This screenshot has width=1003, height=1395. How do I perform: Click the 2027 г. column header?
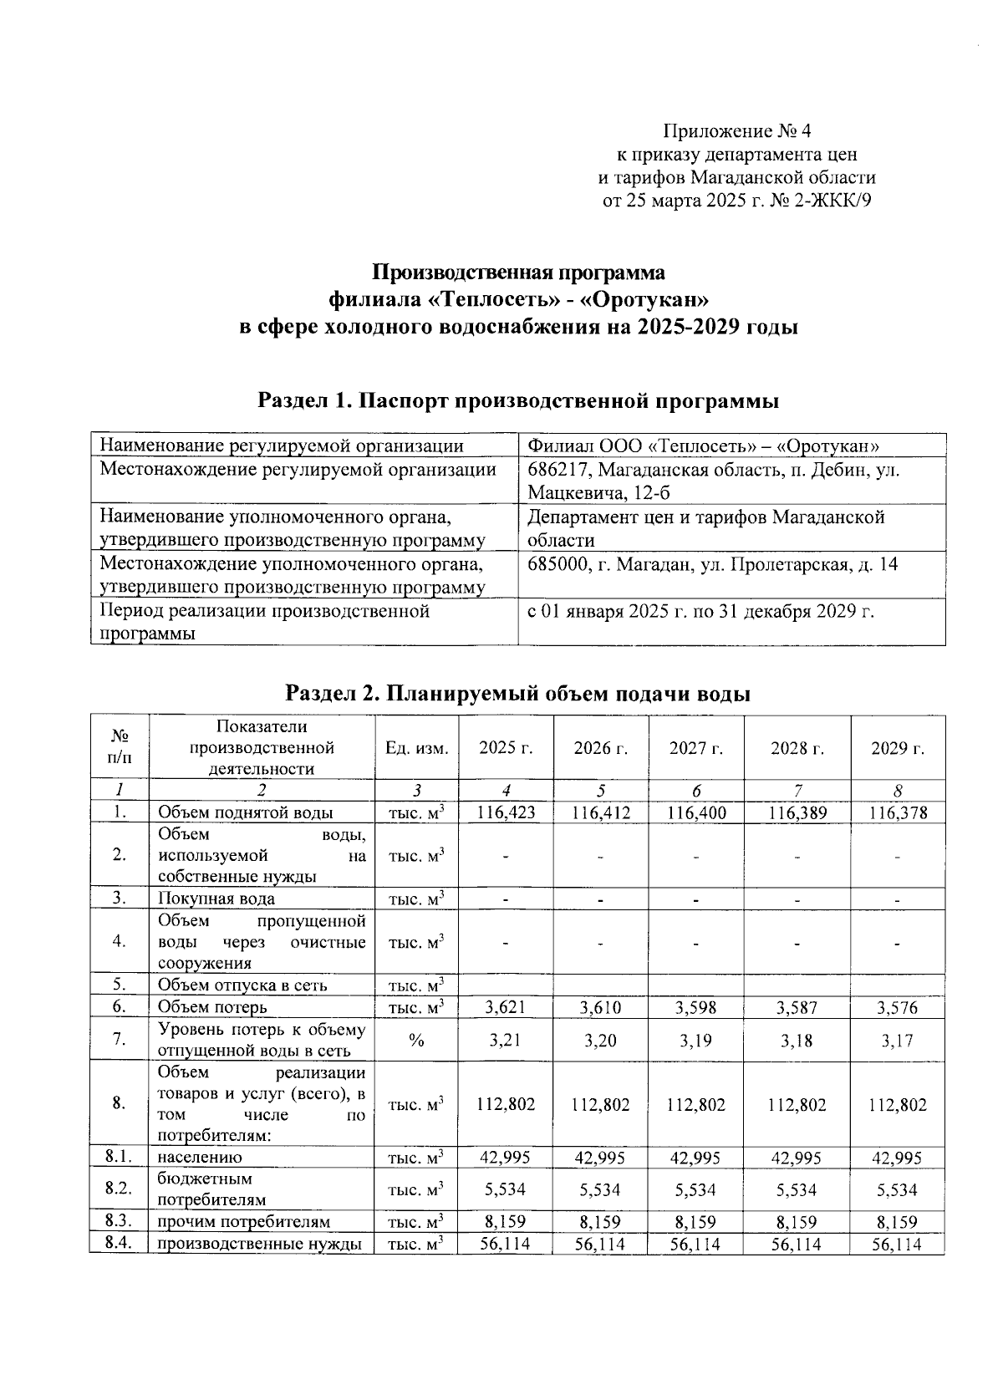tap(695, 748)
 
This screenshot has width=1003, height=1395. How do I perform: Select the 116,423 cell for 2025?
tap(506, 812)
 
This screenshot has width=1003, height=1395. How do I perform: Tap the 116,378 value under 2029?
tap(898, 812)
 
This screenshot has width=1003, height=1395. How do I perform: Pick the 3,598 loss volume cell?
tap(695, 1007)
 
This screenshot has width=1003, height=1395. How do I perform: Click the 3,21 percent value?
tap(506, 1041)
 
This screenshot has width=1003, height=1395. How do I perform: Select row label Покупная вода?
tap(216, 899)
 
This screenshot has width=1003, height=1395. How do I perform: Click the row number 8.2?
tap(120, 1189)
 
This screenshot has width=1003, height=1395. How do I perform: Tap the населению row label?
tap(200, 1158)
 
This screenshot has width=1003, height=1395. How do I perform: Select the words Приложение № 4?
tap(736, 131)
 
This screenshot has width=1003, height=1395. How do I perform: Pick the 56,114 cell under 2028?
tap(797, 1245)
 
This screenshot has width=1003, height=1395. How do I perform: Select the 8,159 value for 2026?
tap(600, 1222)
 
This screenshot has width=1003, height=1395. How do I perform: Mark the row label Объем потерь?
tap(212, 1007)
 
